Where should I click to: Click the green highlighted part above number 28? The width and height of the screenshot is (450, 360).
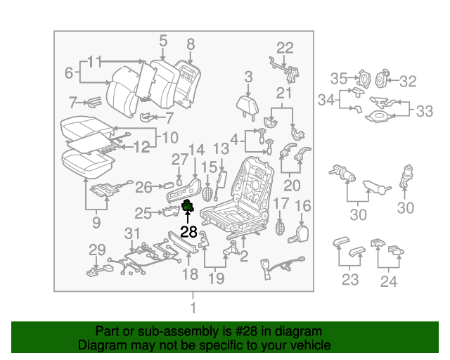[x=188, y=206]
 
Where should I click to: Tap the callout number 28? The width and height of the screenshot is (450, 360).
[x=188, y=232]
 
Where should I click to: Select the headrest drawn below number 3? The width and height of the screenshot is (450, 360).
[x=247, y=105]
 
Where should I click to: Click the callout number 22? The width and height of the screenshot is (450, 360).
[x=284, y=48]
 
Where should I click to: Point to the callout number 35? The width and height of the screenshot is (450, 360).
[x=339, y=79]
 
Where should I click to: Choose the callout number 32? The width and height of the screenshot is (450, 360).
[x=408, y=82]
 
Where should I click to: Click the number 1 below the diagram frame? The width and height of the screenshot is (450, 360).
[x=193, y=307]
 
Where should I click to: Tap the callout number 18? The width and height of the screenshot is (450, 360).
[x=190, y=274]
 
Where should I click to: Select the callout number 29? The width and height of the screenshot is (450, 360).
[x=96, y=250]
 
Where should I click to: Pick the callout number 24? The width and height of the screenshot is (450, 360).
[x=388, y=281]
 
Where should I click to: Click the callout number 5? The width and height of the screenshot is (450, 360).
[x=162, y=40]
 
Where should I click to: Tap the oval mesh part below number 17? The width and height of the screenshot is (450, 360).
[x=281, y=228]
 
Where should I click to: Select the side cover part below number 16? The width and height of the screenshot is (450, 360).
[x=300, y=233]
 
